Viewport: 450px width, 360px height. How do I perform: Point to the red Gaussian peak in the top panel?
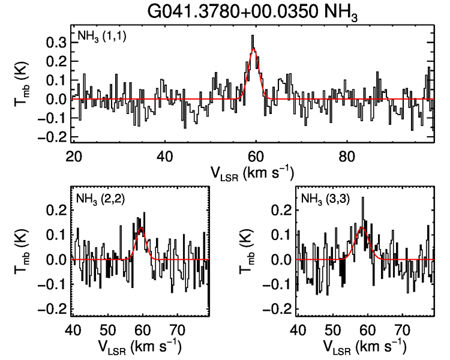tap(254, 50)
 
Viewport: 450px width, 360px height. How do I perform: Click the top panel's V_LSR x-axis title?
tap(252, 173)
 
